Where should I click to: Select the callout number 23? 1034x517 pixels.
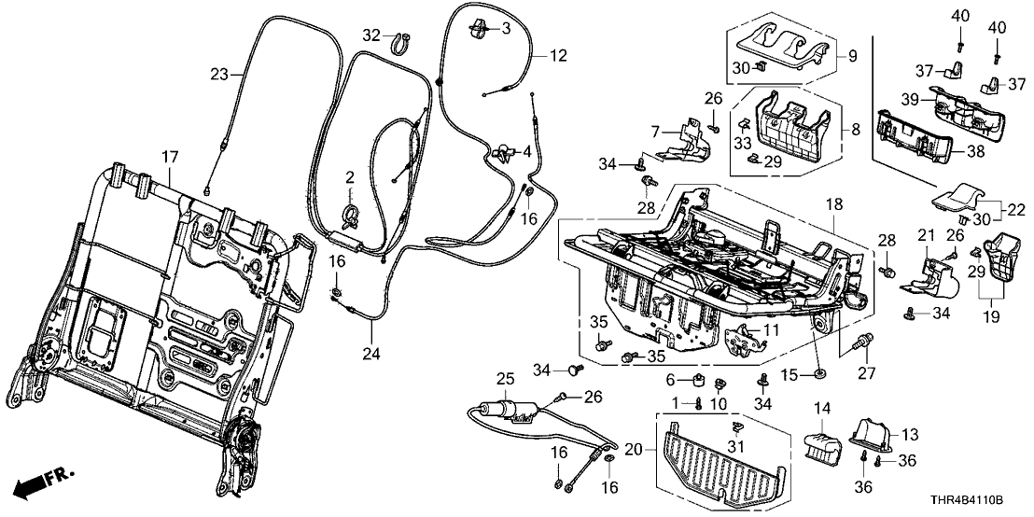(x=219, y=74)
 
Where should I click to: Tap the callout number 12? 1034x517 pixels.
(x=557, y=56)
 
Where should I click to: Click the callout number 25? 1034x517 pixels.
(x=505, y=380)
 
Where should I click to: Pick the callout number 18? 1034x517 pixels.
(x=833, y=203)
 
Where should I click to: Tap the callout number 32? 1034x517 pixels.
(x=371, y=35)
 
